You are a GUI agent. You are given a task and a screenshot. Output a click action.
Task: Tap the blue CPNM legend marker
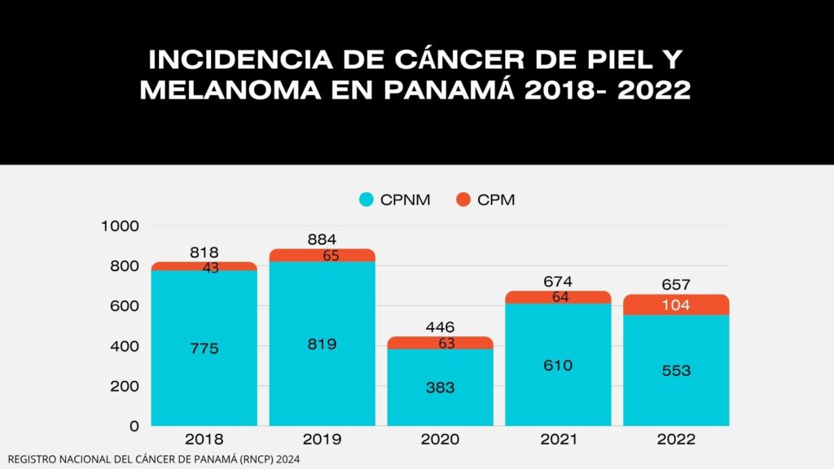pyautogui.click(x=367, y=199)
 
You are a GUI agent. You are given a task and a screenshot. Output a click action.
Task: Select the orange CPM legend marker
pyautogui.click(x=463, y=199)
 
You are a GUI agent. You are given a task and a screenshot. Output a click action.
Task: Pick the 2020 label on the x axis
pyautogui.click(x=440, y=440)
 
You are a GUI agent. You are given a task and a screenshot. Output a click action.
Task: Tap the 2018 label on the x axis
pyautogui.click(x=204, y=440)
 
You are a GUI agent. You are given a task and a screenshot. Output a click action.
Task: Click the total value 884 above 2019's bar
pyautogui.click(x=322, y=239)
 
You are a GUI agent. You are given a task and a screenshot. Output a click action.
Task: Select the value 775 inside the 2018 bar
pyautogui.click(x=204, y=348)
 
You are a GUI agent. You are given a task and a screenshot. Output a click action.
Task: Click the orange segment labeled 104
pyautogui.click(x=676, y=305)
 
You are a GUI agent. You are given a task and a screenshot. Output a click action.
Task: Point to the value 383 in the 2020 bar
pyautogui.click(x=440, y=388)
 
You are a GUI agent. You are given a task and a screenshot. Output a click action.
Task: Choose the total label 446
pyautogui.click(x=440, y=327)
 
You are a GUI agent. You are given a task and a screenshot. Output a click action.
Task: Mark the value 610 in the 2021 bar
pyautogui.click(x=558, y=366)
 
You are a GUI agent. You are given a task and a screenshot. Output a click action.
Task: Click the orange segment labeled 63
pyautogui.click(x=440, y=343)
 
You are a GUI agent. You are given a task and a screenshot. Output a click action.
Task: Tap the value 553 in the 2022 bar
pyautogui.click(x=676, y=370)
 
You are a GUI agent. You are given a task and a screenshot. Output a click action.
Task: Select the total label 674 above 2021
pyautogui.click(x=558, y=282)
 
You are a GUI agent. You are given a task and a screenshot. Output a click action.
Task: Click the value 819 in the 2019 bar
pyautogui.click(x=322, y=344)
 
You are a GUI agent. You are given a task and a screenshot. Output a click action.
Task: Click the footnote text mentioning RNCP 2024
pyautogui.click(x=154, y=460)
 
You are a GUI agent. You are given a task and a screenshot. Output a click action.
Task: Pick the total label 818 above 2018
pyautogui.click(x=204, y=252)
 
